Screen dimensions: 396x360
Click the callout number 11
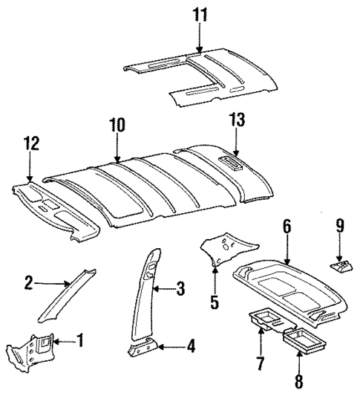pyautogui.click(x=198, y=15)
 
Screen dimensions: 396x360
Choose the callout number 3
pyautogui.click(x=180, y=289)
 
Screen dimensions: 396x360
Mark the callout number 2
pyautogui.click(x=28, y=282)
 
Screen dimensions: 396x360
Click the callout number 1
pyautogui.click(x=82, y=342)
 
